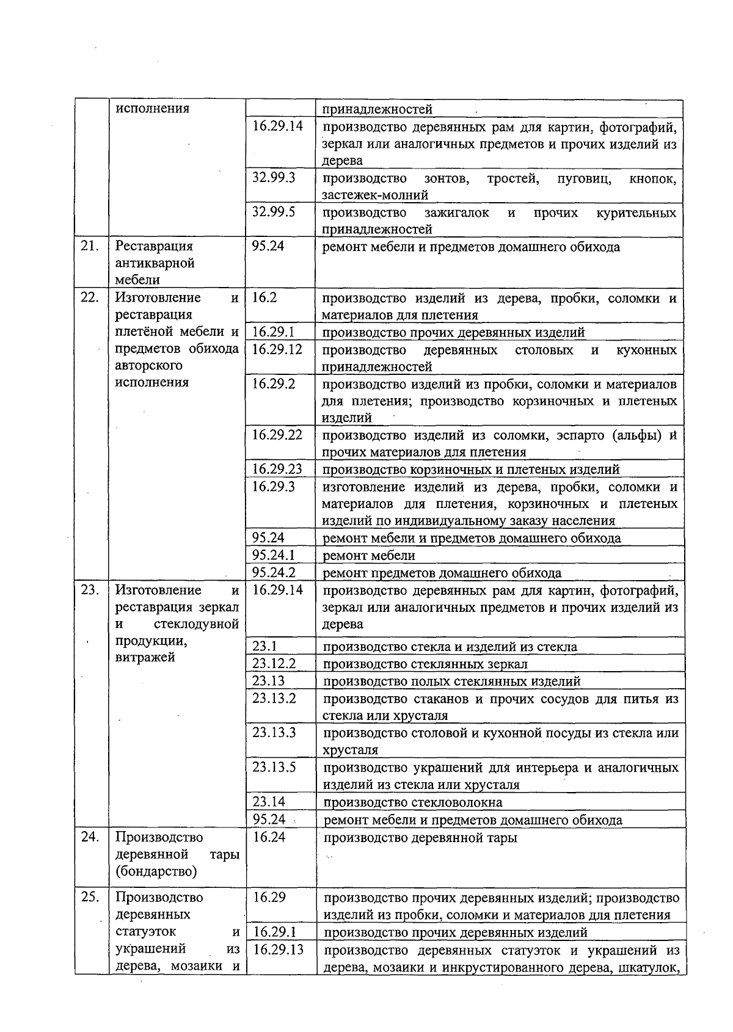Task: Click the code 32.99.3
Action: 274,178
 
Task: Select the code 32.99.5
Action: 274,212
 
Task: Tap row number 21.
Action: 90,246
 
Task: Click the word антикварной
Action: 155,263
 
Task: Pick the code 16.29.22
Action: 277,435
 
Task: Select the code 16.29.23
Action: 277,469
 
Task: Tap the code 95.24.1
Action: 274,555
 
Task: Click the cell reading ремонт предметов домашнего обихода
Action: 442,573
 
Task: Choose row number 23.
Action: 90,590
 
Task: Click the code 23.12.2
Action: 274,664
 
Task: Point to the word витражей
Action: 145,658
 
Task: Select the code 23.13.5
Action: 274,767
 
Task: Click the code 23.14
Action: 269,802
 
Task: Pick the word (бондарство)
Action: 156,871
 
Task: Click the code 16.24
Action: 269,837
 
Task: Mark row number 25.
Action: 90,897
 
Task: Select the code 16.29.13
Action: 278,950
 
